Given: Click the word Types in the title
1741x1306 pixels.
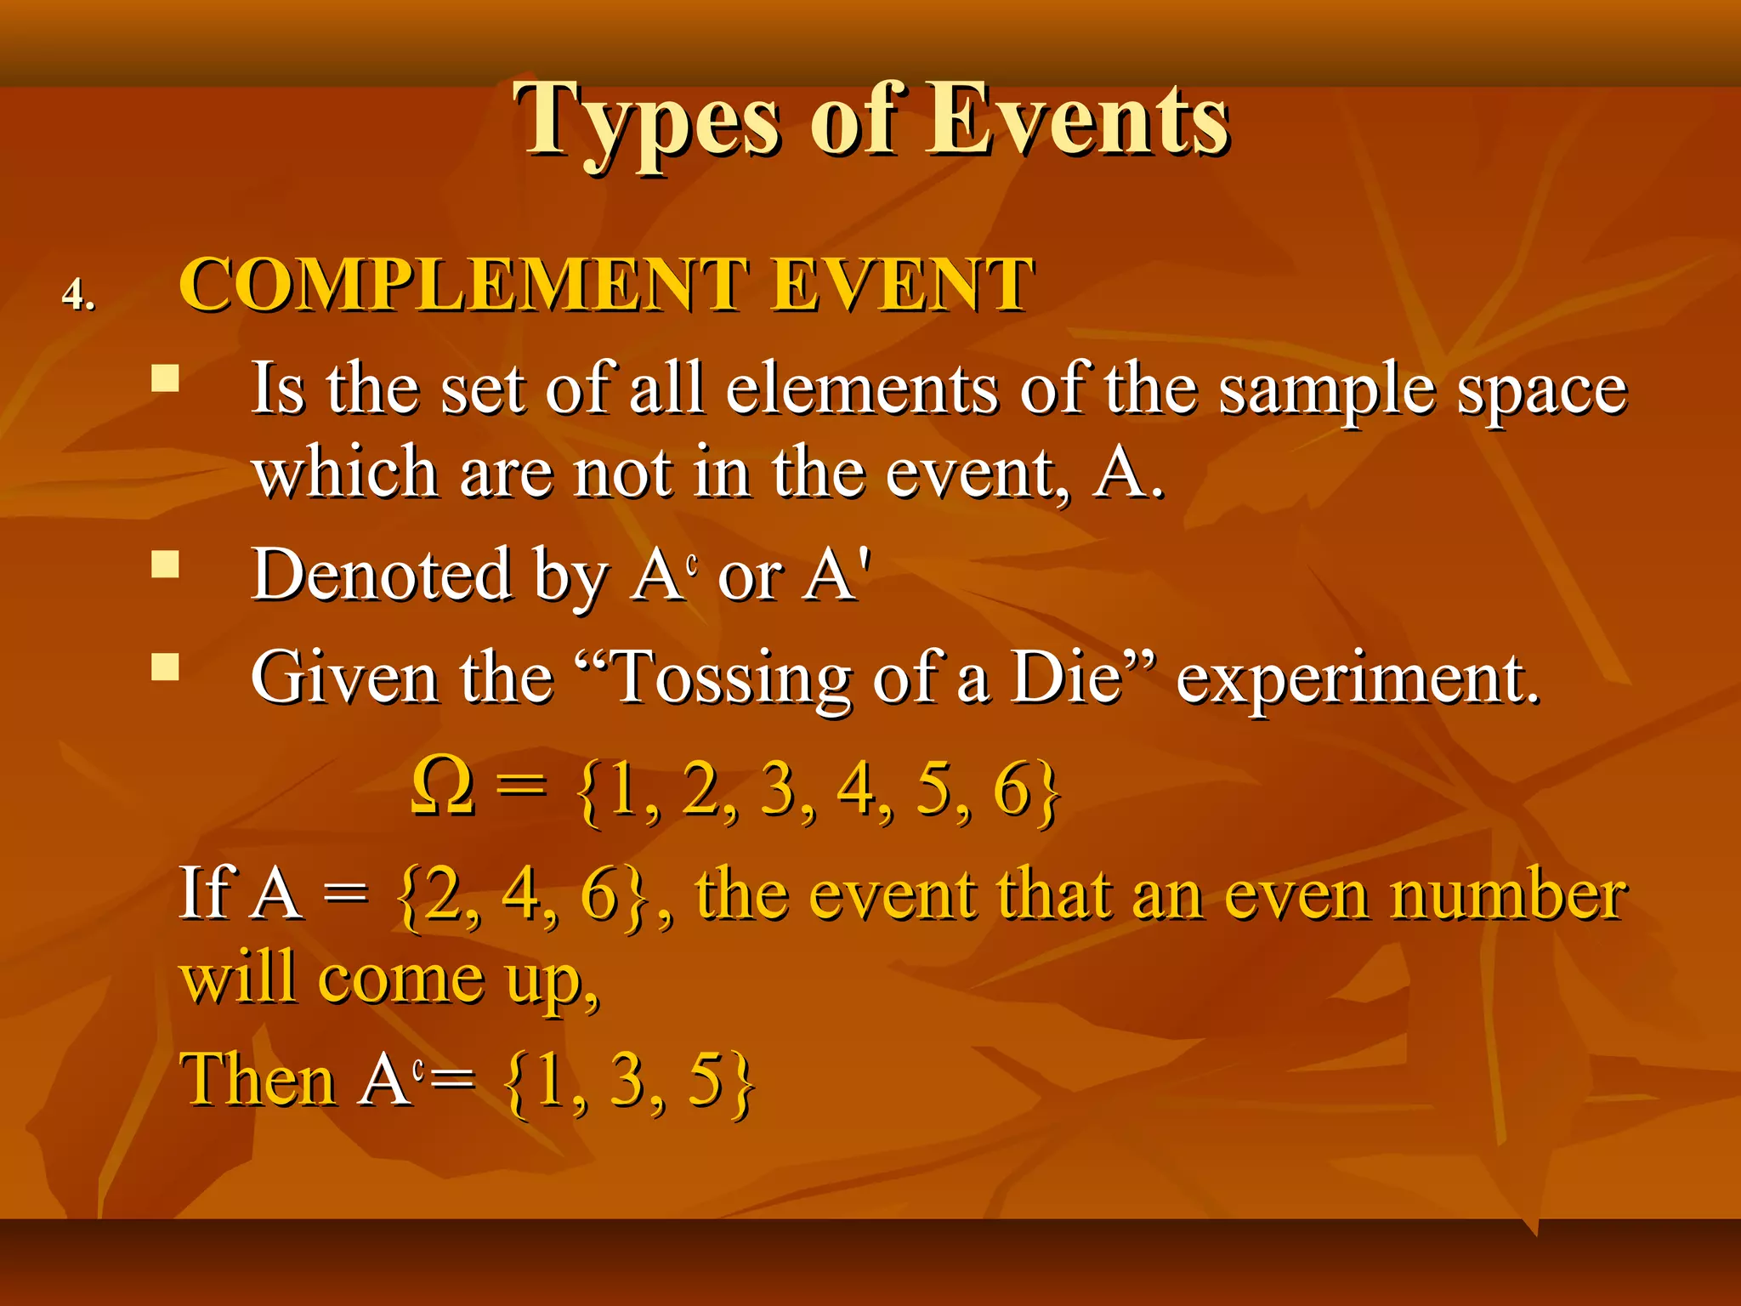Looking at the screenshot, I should (x=646, y=121).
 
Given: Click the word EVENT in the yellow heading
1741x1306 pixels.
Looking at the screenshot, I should (x=902, y=285).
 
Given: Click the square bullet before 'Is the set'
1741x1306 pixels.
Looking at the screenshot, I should (x=165, y=378).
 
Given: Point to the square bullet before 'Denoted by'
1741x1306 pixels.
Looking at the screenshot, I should (x=165, y=564).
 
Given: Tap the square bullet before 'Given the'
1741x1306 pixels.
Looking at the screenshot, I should (x=165, y=667).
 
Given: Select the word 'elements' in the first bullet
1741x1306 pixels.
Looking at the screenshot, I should (x=862, y=389).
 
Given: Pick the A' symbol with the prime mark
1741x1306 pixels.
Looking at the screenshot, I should (x=838, y=576).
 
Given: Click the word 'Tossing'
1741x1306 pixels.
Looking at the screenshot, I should (x=731, y=679).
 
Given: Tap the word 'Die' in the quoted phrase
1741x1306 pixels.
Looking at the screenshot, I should (x=1067, y=678).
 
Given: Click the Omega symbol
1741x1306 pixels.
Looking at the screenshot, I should (x=441, y=786).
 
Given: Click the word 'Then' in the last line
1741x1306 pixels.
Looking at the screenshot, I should (x=258, y=1080).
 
